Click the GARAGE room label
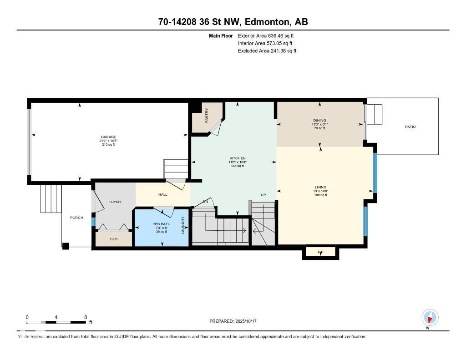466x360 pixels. click(x=108, y=137)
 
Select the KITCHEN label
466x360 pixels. click(x=237, y=158)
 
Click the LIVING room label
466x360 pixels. click(x=320, y=187)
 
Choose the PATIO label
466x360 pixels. click(x=410, y=127)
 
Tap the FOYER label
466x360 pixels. click(x=114, y=202)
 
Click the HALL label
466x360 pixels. click(x=162, y=194)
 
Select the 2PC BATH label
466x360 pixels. click(x=161, y=224)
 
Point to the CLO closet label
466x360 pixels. click(x=114, y=239)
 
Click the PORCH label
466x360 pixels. click(x=76, y=218)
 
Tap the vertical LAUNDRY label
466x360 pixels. click(x=183, y=225)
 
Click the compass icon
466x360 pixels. click(x=430, y=317)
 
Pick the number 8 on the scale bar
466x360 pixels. click(x=85, y=317)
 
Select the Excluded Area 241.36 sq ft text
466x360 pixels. click(x=267, y=51)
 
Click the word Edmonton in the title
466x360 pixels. click(x=268, y=22)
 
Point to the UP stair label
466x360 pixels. click(x=263, y=195)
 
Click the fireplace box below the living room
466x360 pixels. click(x=320, y=252)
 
